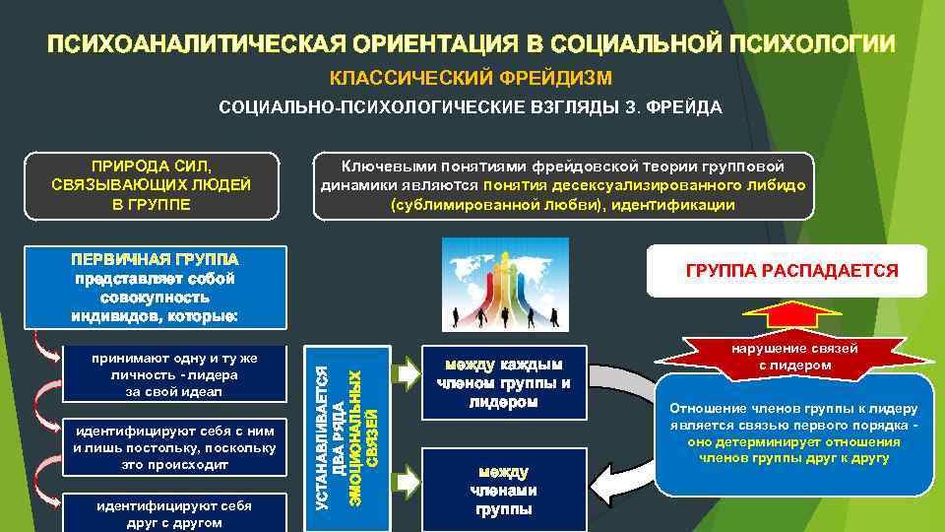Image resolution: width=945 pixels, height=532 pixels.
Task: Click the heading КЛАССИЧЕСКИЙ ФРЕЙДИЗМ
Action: (x=471, y=78)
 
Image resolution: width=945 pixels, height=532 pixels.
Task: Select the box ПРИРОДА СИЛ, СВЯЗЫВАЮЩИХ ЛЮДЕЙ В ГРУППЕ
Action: (x=152, y=183)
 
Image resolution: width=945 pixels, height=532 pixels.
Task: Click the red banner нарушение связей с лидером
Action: (x=793, y=357)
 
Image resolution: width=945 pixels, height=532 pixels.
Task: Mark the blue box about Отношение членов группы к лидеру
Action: (x=793, y=433)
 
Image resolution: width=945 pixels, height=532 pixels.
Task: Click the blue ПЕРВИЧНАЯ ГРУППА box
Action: (x=158, y=287)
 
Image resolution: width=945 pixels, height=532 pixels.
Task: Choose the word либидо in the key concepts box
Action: (x=783, y=184)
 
